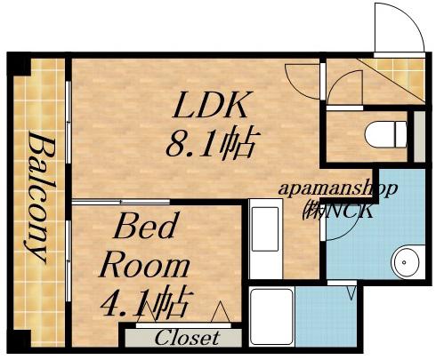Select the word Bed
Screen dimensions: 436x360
tap(148, 226)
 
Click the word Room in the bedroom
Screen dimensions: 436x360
tap(145, 264)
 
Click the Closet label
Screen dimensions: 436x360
tap(188, 338)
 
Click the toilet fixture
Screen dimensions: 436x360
tap(385, 134)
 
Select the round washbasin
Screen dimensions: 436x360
tap(405, 262)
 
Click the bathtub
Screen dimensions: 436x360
tap(272, 317)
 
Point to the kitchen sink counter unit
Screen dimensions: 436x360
tap(266, 239)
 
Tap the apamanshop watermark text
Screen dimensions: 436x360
tap(337, 189)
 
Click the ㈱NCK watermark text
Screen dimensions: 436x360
tap(337, 212)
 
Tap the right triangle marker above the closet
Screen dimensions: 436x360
tap(221, 312)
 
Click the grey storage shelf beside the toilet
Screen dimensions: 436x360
tap(419, 137)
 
